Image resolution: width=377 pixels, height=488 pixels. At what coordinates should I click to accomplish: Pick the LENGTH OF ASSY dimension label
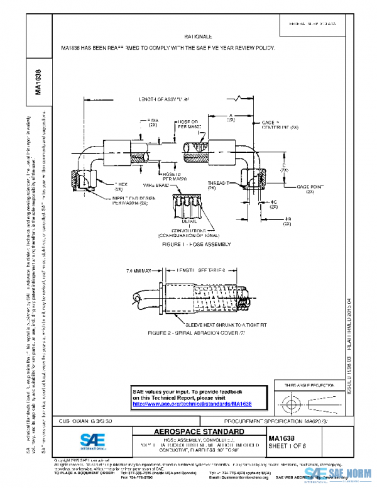pos(165,99)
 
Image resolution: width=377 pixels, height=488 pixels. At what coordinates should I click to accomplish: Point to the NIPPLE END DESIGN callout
pos(134,201)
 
